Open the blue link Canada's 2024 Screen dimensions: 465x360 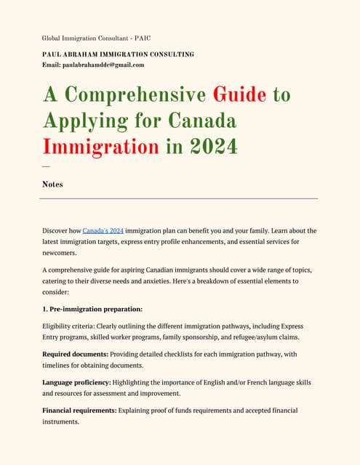click(x=103, y=230)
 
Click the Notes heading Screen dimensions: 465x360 click(x=52, y=185)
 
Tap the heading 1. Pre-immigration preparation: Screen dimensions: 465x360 click(x=92, y=309)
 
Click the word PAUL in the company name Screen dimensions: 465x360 click(x=52, y=54)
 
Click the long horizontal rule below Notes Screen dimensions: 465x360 click(x=180, y=198)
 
